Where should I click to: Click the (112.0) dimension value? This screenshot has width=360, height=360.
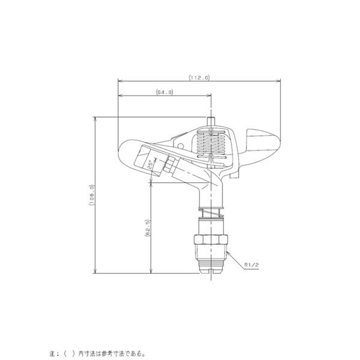tap(199, 77)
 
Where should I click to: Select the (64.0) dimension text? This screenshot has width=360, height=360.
tap(165, 92)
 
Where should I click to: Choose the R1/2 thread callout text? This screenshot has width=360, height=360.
tap(251, 265)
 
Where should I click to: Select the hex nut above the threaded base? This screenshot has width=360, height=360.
tap(211, 240)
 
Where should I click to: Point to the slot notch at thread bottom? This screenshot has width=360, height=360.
tap(211, 271)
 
